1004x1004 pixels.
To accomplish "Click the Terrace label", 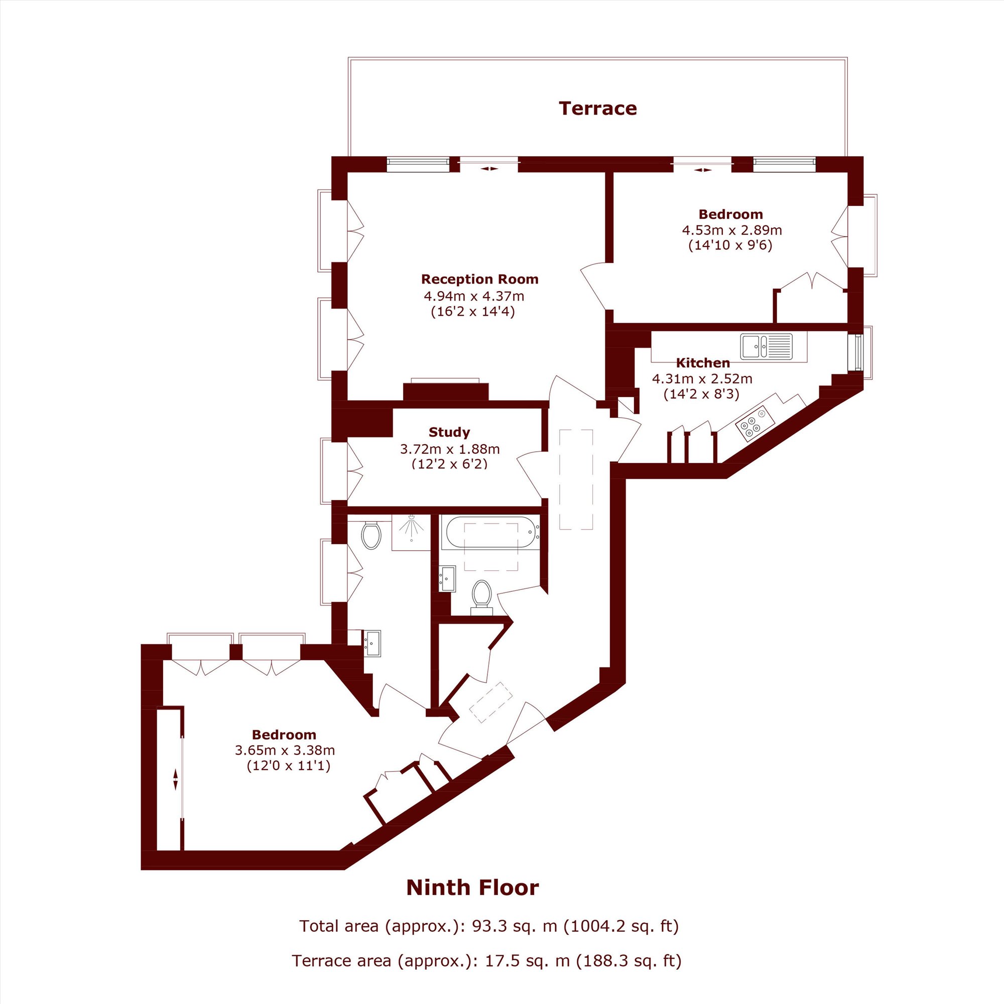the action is point(597,108).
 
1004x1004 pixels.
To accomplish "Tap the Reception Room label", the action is point(479,279).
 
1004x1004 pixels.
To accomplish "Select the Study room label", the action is point(449,432).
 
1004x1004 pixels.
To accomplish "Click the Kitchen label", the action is point(703,363).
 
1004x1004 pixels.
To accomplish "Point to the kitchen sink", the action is point(767,346).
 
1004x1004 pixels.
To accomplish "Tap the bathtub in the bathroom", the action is point(491,532).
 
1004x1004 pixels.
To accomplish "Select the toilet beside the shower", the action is point(371,535).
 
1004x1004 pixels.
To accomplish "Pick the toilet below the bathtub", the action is point(482,597).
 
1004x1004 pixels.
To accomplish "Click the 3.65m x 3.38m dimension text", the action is point(285,750).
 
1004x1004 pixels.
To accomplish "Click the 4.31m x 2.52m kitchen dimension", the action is point(702,379).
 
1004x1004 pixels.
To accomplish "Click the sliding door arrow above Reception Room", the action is point(489,169).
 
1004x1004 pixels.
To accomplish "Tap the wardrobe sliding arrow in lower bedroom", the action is point(176,780).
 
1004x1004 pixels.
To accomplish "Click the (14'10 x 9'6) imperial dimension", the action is point(730,245).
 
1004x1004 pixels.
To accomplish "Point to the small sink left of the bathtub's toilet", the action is point(447,579).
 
